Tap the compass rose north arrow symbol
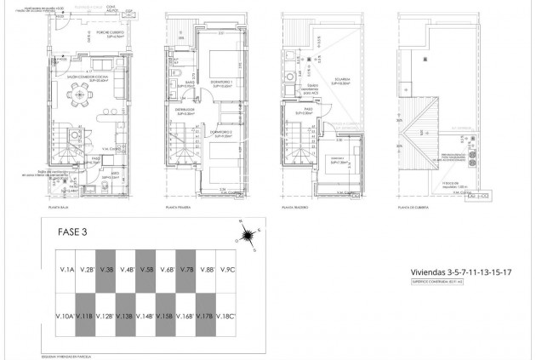[x=244, y=230]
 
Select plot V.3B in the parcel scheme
[x=105, y=270]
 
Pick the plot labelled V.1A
[x=66, y=270]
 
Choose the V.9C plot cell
[x=226, y=270]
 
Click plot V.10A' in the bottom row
[x=65, y=316]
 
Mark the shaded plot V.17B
[x=205, y=316]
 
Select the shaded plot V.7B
[x=185, y=270]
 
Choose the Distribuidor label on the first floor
[x=185, y=108]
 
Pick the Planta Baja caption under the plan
[x=59, y=206]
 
